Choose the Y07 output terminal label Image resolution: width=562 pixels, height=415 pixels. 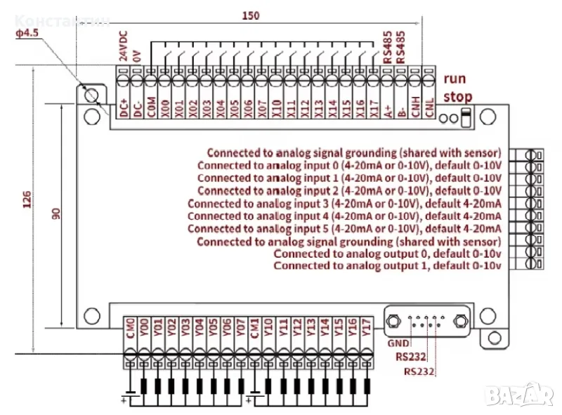pyautogui.click(x=241, y=328)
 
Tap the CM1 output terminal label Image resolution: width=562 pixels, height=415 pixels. pyautogui.click(x=255, y=328)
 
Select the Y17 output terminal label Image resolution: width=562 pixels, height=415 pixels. pyautogui.click(x=366, y=328)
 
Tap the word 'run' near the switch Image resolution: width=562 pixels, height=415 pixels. pyautogui.click(x=454, y=79)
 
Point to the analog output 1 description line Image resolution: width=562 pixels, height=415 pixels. pyautogui.click(x=387, y=266)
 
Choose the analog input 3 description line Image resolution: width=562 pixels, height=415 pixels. pyautogui.click(x=344, y=204)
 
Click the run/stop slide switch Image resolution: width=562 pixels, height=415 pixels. pyautogui.click(x=465, y=117)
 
